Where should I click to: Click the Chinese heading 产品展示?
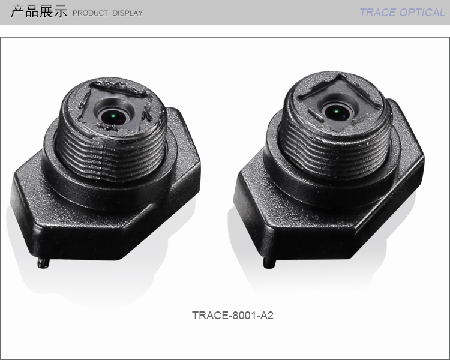[39, 11]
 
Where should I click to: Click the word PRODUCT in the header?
[90, 13]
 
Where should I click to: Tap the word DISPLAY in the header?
[127, 13]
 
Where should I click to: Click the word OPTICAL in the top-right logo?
[422, 13]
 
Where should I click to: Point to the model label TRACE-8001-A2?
[232, 315]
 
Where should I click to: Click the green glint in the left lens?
[113, 116]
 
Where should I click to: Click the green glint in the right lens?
[337, 112]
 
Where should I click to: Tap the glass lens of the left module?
[113, 115]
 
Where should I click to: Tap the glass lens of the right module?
[337, 111]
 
